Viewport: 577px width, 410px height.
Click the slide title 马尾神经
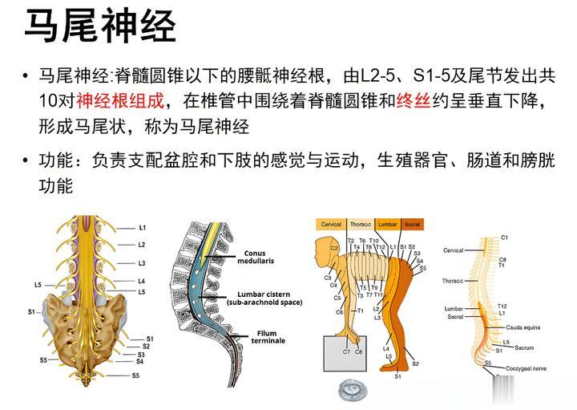pyautogui.click(x=100, y=27)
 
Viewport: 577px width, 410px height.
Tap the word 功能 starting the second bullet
pyautogui.click(x=56, y=161)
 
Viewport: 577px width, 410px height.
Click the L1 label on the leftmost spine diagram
pyautogui.click(x=142, y=228)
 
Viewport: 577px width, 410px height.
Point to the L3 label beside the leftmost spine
pyautogui.click(x=142, y=262)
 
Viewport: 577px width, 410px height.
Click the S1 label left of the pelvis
pyautogui.click(x=31, y=311)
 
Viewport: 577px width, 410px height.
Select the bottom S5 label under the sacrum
pyautogui.click(x=136, y=375)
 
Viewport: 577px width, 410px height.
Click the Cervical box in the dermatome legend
pyautogui.click(x=331, y=224)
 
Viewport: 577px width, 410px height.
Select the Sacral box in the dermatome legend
pyautogui.click(x=412, y=224)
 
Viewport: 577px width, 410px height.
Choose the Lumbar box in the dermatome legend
pyautogui.click(x=386, y=224)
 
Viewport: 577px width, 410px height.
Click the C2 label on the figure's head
pyautogui.click(x=333, y=249)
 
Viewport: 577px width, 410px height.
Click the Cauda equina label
pyautogui.click(x=520, y=327)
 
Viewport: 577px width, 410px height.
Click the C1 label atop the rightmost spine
pyautogui.click(x=504, y=237)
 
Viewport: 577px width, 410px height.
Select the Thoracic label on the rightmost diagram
pyautogui.click(x=453, y=281)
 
